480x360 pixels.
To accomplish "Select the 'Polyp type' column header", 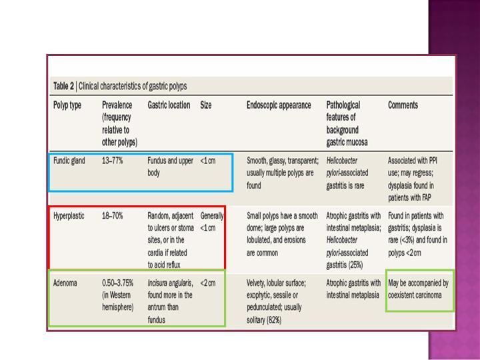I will (x=67, y=105).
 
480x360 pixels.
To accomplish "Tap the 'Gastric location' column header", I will (x=169, y=105).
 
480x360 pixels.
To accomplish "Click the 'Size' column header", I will (x=206, y=105).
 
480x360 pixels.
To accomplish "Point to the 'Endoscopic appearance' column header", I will (x=279, y=105).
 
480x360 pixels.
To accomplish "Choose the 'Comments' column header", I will (x=403, y=105).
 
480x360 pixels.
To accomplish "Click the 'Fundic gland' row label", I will (x=69, y=161).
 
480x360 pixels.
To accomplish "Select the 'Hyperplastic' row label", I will (x=69, y=216).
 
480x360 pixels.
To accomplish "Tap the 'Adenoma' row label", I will (x=65, y=283).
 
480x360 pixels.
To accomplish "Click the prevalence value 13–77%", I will (x=113, y=161).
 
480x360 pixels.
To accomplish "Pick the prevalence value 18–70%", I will (x=113, y=216).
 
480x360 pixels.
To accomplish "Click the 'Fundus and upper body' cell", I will (x=170, y=167).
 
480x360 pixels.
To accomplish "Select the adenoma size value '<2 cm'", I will (x=208, y=283).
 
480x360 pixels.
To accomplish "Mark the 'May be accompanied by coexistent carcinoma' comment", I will (x=418, y=289).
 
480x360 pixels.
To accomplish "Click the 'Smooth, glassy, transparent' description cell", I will (x=283, y=167).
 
